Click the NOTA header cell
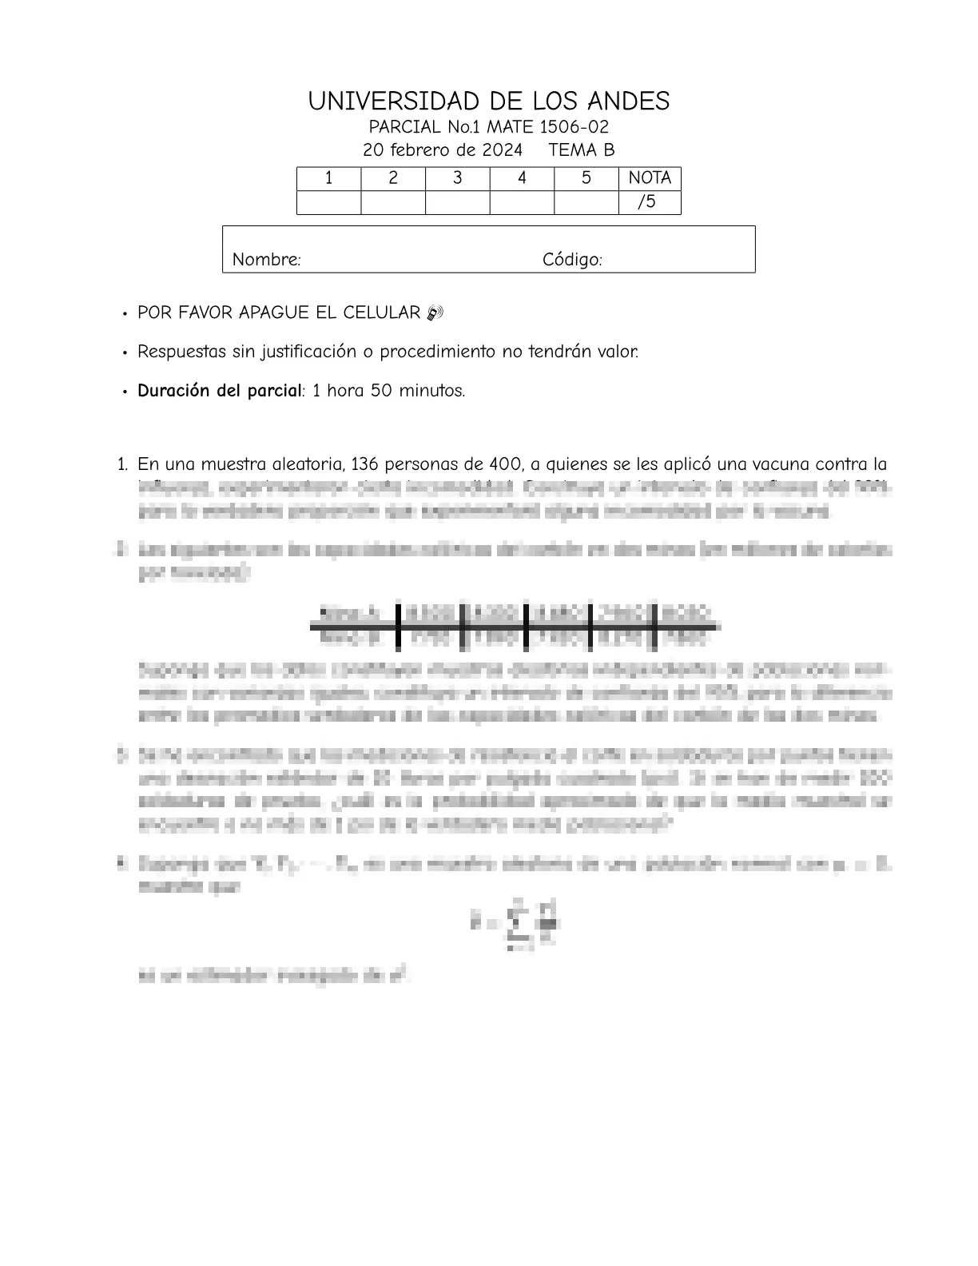pyautogui.click(x=649, y=178)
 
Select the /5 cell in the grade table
pyautogui.click(x=649, y=202)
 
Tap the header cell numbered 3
pyautogui.click(x=457, y=178)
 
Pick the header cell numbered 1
pyautogui.click(x=328, y=178)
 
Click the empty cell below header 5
pyautogui.click(x=586, y=203)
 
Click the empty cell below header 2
pyautogui.click(x=392, y=203)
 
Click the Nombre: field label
pyautogui.click(x=266, y=260)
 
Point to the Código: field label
pyautogui.click(x=572, y=260)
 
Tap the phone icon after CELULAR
pyautogui.click(x=435, y=313)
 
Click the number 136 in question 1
pyautogui.click(x=364, y=464)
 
